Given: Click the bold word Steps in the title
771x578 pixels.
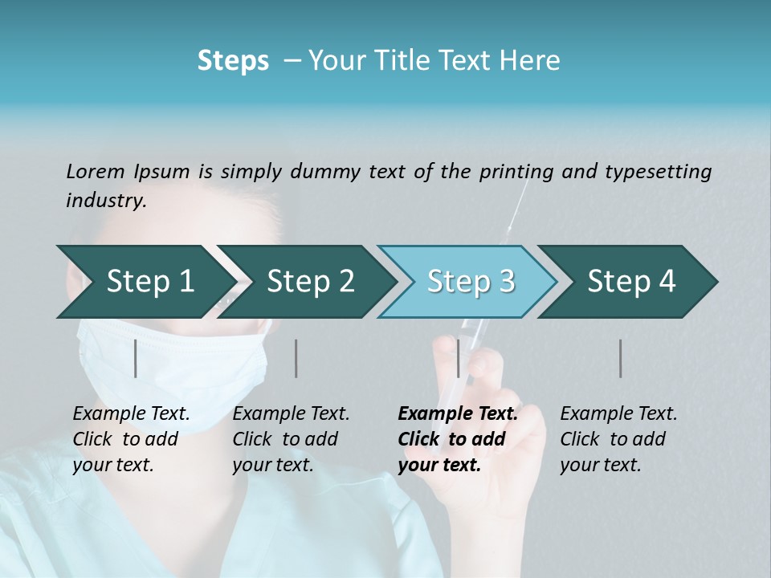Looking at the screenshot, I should [233, 60].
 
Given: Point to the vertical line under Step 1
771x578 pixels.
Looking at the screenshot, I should [135, 358].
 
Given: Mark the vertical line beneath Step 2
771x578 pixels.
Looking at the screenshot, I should [296, 358].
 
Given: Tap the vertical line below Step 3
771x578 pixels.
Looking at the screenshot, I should [459, 358].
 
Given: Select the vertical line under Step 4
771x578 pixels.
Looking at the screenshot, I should [621, 358].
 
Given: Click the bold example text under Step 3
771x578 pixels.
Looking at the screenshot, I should [458, 439].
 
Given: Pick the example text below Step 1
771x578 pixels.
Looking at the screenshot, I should [131, 439].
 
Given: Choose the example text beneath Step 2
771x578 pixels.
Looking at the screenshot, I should [291, 439].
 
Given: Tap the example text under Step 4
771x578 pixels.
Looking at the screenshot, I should [618, 439].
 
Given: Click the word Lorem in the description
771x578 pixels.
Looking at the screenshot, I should [96, 171].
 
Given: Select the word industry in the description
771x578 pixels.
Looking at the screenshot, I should [105, 201].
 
